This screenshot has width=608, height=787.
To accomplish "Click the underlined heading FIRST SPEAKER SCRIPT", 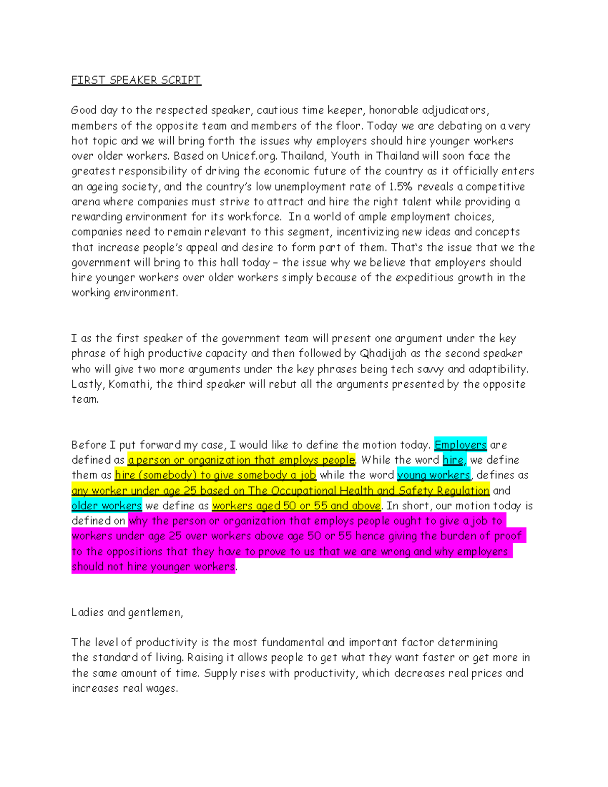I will pyautogui.click(x=136, y=80).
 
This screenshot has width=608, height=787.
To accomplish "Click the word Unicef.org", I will pyautogui.click(x=249, y=156).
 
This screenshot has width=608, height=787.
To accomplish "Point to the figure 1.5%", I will pyautogui.click(x=401, y=186).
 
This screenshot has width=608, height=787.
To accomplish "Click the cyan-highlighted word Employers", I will pyautogui.click(x=461, y=445).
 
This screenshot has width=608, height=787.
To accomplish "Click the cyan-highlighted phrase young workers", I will pyautogui.click(x=434, y=475).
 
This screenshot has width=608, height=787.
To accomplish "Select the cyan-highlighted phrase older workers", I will pyautogui.click(x=106, y=506).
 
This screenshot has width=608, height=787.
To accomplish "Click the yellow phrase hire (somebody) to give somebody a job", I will pyautogui.click(x=215, y=475).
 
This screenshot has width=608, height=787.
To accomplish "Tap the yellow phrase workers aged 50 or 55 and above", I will pyautogui.click(x=296, y=506).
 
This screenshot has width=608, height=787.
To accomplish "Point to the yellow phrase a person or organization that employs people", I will pyautogui.click(x=241, y=460).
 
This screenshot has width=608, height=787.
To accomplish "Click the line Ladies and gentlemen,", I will pyautogui.click(x=127, y=612).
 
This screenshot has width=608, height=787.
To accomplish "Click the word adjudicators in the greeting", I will pyautogui.click(x=454, y=110).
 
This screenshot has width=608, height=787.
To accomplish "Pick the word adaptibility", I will pyautogui.click(x=498, y=369).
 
